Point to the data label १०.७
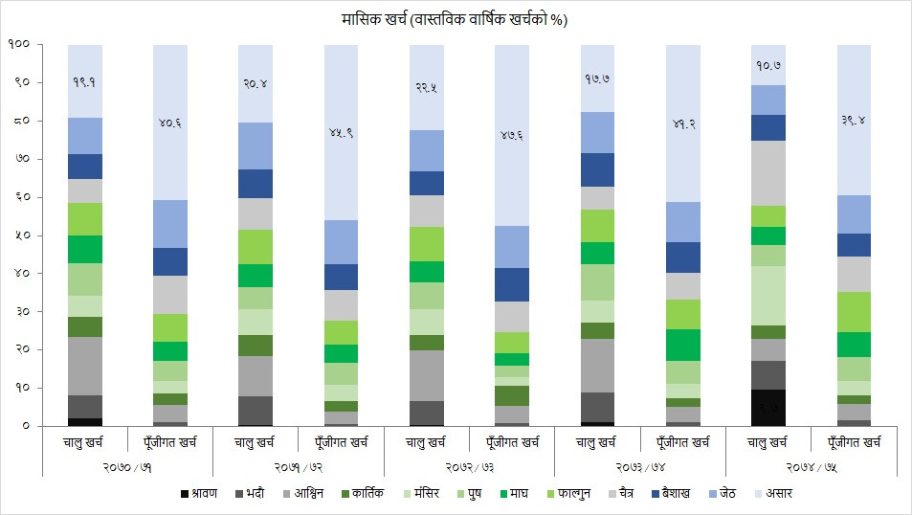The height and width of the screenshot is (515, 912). (x=767, y=66)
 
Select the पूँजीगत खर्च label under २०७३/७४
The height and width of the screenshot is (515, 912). (x=682, y=442)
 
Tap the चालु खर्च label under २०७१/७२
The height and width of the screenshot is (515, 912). (x=256, y=442)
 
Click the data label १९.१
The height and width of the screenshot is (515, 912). (x=85, y=82)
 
